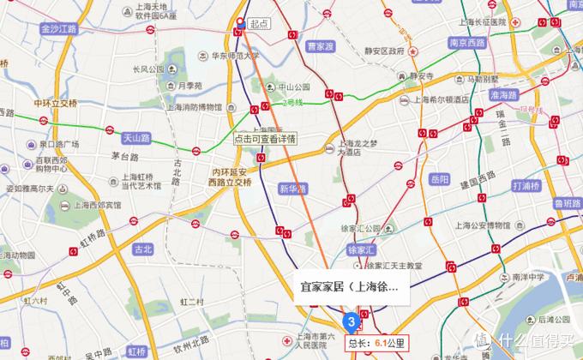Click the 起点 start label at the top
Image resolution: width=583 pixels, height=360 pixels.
pyautogui.click(x=260, y=24)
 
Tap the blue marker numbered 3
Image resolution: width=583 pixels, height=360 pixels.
pyautogui.click(x=350, y=321)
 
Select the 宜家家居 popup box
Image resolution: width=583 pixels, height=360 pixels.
pyautogui.click(x=347, y=289)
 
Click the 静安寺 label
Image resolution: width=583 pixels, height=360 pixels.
pyautogui.click(x=421, y=75)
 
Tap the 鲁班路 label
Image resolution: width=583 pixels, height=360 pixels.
pyautogui.click(x=565, y=203)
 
